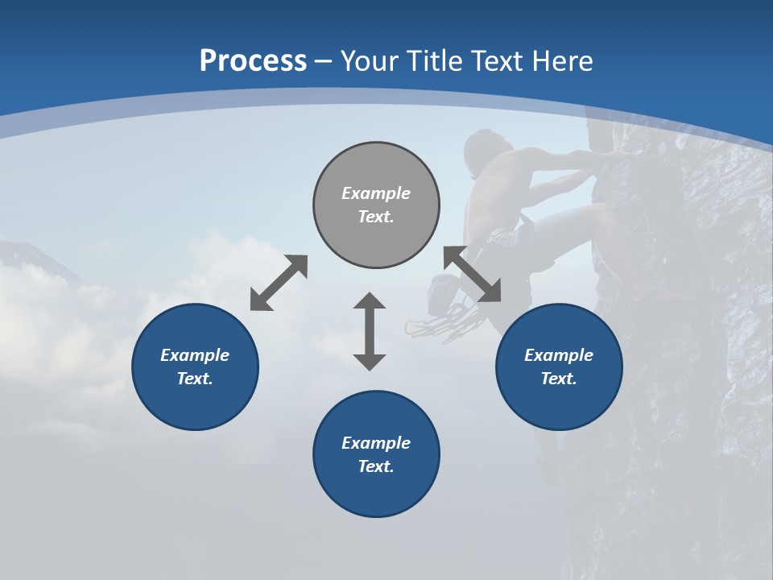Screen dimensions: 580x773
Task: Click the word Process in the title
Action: point(253,61)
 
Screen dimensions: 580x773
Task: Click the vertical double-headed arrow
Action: point(370,331)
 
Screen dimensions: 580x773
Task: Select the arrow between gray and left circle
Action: point(279,283)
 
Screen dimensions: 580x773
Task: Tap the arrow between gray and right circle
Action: point(473,275)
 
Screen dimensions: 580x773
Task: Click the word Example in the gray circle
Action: point(376,193)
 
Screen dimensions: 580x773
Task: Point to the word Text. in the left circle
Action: point(195,379)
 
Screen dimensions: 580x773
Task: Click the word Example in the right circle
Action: point(559,355)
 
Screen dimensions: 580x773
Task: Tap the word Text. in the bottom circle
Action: point(376,466)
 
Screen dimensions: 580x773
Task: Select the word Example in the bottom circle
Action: point(376,443)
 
